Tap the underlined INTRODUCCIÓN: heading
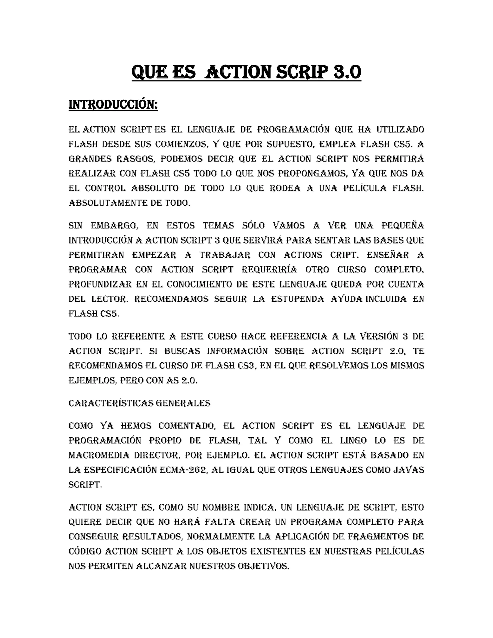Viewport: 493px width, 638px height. tap(113, 104)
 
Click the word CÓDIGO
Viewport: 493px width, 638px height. tap(85, 551)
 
